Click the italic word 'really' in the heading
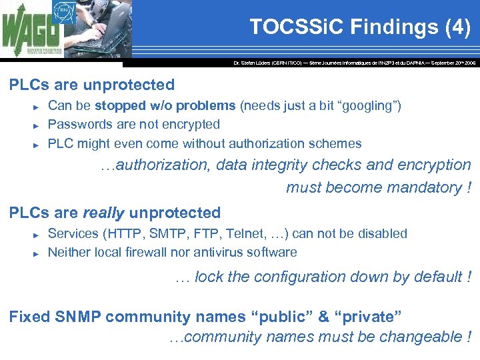click(103, 213)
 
